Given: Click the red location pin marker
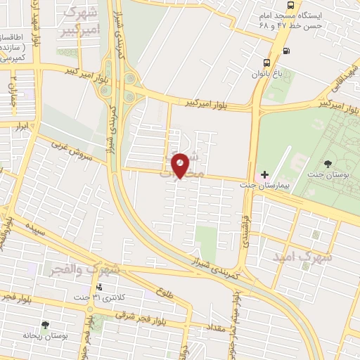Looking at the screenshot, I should tap(181, 165).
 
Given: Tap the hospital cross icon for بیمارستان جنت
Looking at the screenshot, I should tap(264, 174).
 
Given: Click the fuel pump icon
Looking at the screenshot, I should tap(286, 50).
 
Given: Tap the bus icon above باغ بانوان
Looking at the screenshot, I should tap(267, 62).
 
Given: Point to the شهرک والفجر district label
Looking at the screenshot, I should tap(83, 270).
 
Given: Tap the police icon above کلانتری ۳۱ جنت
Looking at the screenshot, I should tap(99, 287).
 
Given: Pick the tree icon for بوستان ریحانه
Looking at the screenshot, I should tap(46, 325).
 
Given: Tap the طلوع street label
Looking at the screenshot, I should tap(165, 293).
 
